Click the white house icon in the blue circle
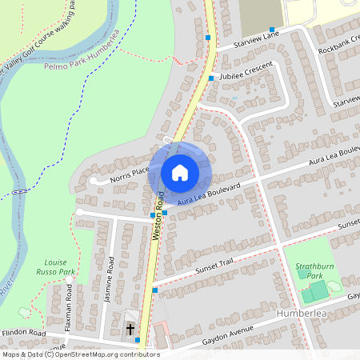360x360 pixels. click(179, 172)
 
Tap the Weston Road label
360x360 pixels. click(158, 215)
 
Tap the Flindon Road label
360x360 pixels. click(24, 331)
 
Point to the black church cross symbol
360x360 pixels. click(130, 329)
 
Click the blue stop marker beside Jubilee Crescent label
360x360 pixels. click(211, 78)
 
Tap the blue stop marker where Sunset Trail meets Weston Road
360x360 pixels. click(155, 290)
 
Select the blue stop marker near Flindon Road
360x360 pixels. click(138, 340)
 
